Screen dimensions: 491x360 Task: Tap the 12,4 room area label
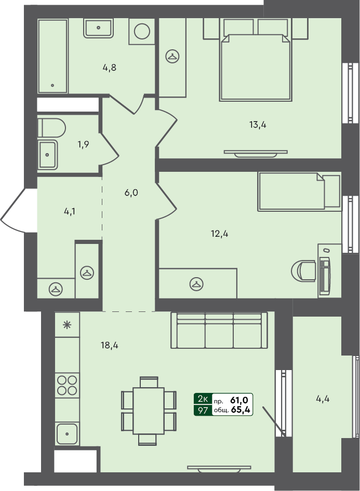pos(219,234)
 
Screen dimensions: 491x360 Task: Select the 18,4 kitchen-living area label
pos(109,345)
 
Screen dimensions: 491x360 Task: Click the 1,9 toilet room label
pos(83,144)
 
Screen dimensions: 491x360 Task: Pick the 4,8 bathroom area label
pos(109,67)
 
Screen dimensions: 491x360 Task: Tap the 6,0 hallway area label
pos(131,193)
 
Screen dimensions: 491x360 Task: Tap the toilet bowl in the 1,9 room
pos(51,127)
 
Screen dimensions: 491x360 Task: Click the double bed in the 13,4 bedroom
pos(255,65)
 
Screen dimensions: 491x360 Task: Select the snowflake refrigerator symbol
pos(66,325)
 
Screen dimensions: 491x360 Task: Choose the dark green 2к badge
pos(202,399)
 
